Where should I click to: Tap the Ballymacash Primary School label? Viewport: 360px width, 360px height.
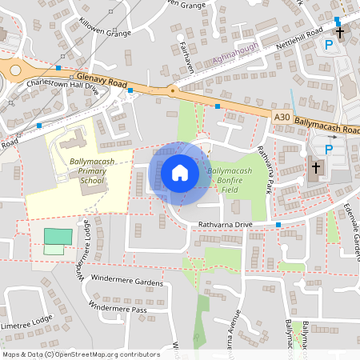pyautogui.click(x=92, y=170)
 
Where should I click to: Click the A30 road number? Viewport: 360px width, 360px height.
pyautogui.click(x=281, y=118)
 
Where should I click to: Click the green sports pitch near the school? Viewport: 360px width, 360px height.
pyautogui.click(x=57, y=237)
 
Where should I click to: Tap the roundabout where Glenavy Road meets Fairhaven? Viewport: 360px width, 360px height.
pyautogui.click(x=173, y=90)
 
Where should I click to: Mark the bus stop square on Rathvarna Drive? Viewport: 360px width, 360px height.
pyautogui.click(x=278, y=225)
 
